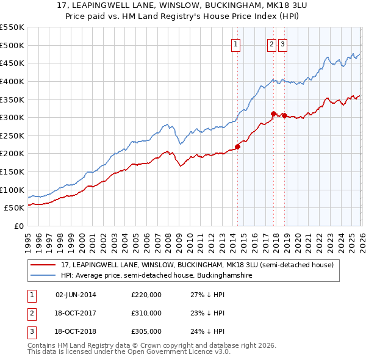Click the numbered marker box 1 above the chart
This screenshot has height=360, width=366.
click(x=235, y=44)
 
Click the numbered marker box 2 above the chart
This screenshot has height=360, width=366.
click(x=271, y=44)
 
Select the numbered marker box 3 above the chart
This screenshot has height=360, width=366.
click(x=284, y=44)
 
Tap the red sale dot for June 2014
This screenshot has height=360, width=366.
click(x=237, y=146)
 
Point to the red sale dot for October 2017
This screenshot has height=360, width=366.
click(x=274, y=113)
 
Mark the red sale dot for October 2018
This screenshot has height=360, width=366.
click(x=284, y=115)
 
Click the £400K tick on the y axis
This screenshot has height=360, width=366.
click(x=12, y=81)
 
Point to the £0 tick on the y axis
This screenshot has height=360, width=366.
click(x=19, y=226)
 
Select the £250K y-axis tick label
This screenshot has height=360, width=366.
click(x=12, y=135)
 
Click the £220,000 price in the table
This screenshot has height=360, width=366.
click(x=146, y=295)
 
